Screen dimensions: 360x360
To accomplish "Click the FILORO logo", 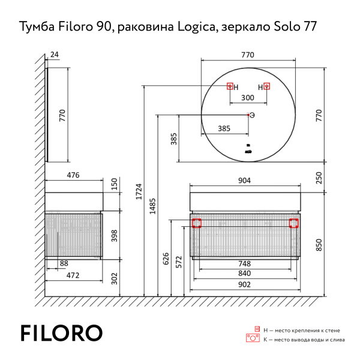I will tap(61, 333).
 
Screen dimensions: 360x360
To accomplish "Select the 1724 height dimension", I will tap(140, 194).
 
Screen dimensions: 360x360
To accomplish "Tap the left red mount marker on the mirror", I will tap(229, 86).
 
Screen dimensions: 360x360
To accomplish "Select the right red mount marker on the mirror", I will tap(267, 86).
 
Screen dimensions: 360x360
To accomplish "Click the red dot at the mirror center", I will tap(248, 115).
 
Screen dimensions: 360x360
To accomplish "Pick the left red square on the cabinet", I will tap(196, 223).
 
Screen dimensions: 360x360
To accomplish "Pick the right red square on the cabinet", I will tap(294, 223).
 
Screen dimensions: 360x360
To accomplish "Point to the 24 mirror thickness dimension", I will tap(55, 55).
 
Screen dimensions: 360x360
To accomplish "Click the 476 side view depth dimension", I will tap(73, 175).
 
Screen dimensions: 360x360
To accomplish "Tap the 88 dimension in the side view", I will tap(64, 263).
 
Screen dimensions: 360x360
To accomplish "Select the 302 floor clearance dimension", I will tap(115, 279).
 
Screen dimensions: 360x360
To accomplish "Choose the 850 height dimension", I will tap(319, 244).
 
